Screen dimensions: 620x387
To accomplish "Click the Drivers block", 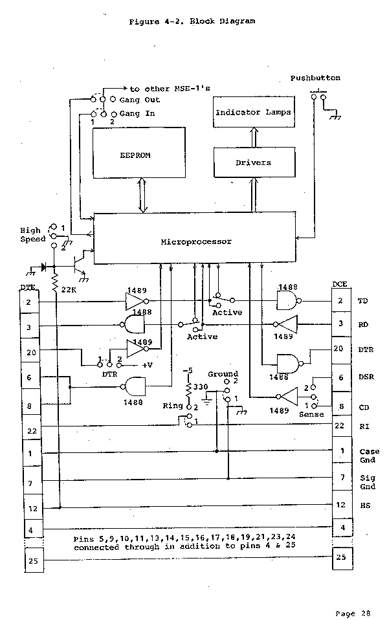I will coord(253,162).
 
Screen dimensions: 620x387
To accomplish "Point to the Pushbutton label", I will coord(315,78).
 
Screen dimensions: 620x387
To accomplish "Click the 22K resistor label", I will coord(69,290).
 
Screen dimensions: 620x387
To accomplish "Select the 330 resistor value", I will coord(201,386).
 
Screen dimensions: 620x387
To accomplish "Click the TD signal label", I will coord(362,302).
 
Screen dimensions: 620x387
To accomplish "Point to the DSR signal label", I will coord(366,377).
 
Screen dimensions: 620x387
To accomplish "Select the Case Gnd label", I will coord(369,455).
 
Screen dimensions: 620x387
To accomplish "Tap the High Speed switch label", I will coord(32,234).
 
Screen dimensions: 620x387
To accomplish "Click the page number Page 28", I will coord(353,612).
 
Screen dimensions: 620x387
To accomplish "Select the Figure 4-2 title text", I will coord(192,21).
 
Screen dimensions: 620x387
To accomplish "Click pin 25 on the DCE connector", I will coord(340,557).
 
